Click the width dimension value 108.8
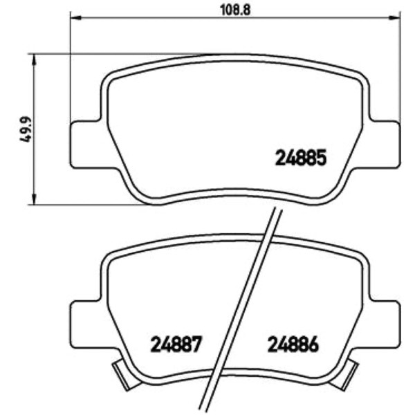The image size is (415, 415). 235,10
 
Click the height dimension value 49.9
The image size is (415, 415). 26,130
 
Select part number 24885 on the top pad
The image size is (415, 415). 301,158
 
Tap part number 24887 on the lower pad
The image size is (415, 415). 176,344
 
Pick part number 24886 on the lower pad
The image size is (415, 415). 293,344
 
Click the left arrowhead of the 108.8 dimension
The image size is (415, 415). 76,18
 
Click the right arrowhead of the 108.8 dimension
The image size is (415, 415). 395,18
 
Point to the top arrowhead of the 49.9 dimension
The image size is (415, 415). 33,59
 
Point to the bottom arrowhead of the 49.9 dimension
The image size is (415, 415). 33,199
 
